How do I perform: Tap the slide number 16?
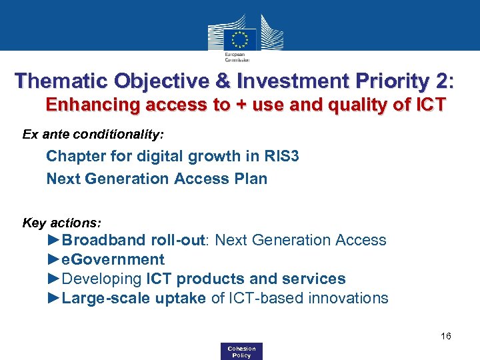[446, 336]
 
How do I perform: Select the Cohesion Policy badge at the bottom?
[241, 351]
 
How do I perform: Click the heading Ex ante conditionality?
[93, 135]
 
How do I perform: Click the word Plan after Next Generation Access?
[251, 179]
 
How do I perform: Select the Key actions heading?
[62, 223]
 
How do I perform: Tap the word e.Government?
[113, 259]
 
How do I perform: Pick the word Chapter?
[72, 157]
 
